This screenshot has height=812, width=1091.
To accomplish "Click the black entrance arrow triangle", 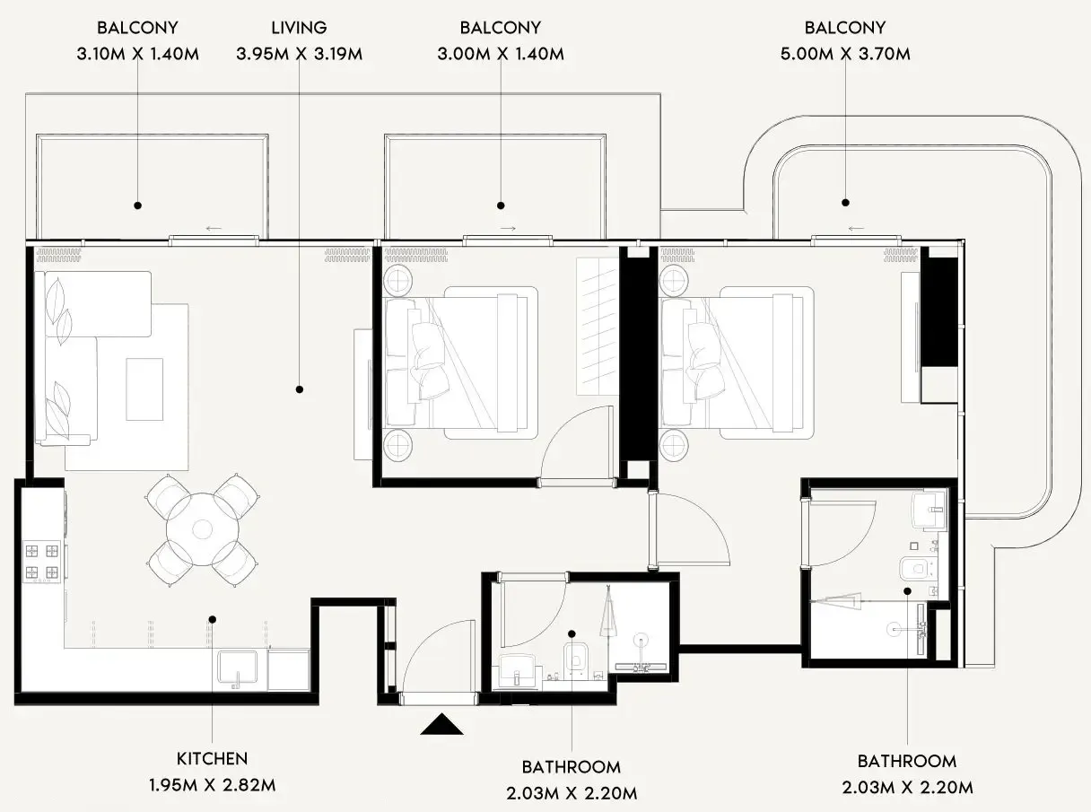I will pyautogui.click(x=441, y=724).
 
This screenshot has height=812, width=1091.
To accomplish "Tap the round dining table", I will pyautogui.click(x=202, y=528).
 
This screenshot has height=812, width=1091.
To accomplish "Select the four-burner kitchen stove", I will pyautogui.click(x=40, y=561).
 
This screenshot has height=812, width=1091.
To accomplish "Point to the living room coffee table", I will pyautogui.click(x=144, y=389).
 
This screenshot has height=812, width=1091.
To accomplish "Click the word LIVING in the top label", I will pyautogui.click(x=299, y=28).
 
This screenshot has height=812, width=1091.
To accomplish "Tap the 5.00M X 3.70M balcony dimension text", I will pyautogui.click(x=844, y=54).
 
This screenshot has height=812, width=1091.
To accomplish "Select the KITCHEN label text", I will pyautogui.click(x=212, y=759).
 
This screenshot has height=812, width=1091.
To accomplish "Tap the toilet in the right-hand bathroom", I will pyautogui.click(x=914, y=568).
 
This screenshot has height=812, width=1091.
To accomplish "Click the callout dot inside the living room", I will pyautogui.click(x=299, y=389).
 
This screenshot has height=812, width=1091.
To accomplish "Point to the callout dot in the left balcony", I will pyautogui.click(x=137, y=205).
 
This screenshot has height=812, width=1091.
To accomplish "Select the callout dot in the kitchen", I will pyautogui.click(x=213, y=618).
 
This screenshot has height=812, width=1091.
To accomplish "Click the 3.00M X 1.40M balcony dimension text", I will pyautogui.click(x=500, y=54).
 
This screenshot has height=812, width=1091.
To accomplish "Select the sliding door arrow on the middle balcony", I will pyautogui.click(x=508, y=229).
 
